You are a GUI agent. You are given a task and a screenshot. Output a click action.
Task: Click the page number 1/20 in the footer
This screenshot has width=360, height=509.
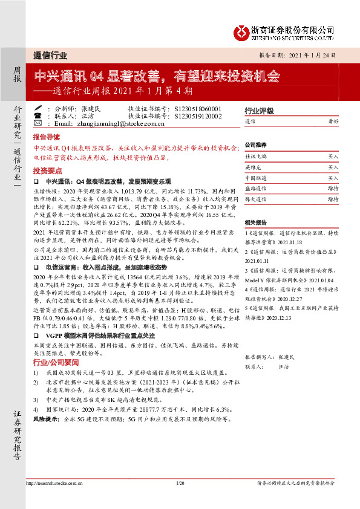pos(180,484)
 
